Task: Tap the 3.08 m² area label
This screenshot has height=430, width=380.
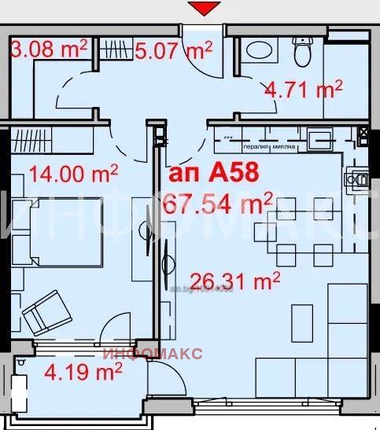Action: point(49,50)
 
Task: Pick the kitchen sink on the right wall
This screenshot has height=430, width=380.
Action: point(361,180)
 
